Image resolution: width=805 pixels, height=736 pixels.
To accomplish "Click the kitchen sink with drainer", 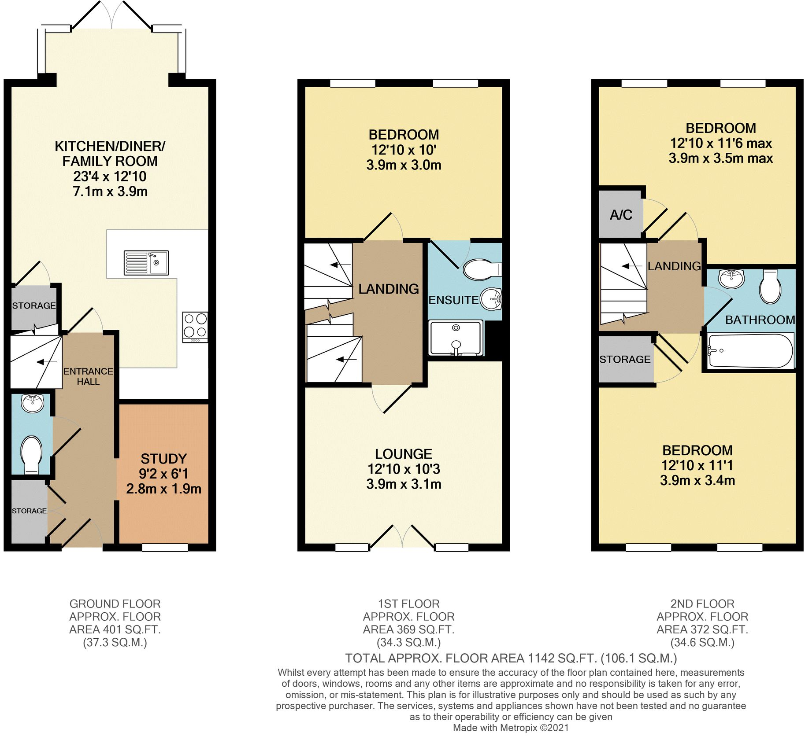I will click(146, 262).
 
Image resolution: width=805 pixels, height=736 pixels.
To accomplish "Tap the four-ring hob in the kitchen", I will click(195, 326).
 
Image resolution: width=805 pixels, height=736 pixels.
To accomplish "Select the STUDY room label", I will click(163, 459).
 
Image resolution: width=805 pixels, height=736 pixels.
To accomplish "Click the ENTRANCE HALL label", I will click(88, 376).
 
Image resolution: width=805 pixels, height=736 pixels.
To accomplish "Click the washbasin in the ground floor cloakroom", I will click(33, 403).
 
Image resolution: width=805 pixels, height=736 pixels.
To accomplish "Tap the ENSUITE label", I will click(453, 300).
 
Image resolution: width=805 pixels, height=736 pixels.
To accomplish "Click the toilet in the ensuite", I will click(481, 269).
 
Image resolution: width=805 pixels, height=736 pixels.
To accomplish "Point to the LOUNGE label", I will click(403, 454).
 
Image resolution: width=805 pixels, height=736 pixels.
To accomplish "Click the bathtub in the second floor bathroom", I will click(750, 351).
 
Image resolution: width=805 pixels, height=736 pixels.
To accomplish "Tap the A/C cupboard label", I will click(621, 215).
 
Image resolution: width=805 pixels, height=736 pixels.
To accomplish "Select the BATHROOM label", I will click(760, 320).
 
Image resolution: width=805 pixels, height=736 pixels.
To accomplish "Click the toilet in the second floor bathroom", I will click(770, 287).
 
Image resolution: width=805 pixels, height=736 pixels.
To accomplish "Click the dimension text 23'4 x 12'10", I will click(110, 177).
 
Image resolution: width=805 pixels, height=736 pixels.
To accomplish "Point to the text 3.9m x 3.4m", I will click(697, 480).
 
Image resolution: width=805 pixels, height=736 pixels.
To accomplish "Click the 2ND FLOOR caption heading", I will click(702, 604).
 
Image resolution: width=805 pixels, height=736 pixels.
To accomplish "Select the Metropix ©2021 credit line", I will click(511, 728).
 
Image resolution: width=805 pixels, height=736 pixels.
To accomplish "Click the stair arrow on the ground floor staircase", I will click(47, 362).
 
